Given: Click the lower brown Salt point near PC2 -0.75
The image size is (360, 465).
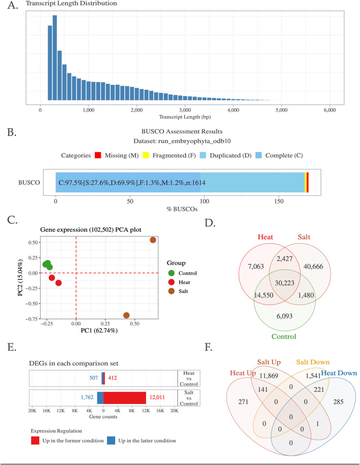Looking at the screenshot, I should (x=126, y=316).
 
